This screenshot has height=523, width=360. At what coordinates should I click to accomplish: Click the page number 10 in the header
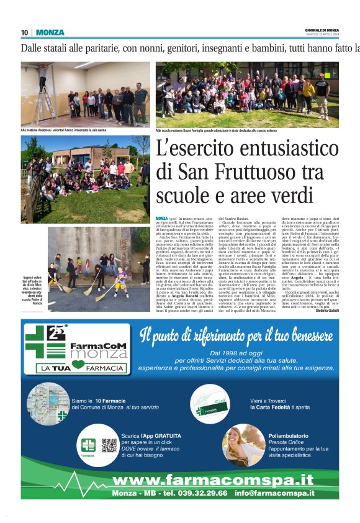tap(25, 32)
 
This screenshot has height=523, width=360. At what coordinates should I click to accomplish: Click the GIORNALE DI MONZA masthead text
tap(322, 30)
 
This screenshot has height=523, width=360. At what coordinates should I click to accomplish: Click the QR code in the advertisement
tap(109, 445)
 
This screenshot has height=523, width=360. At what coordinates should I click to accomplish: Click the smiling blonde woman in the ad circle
tap(243, 443)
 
